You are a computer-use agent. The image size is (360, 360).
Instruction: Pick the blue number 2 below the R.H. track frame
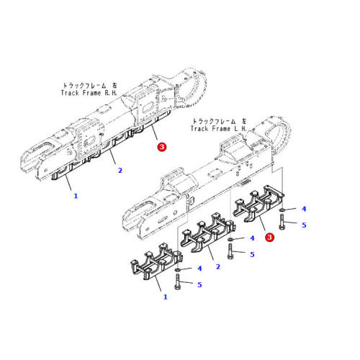click(120, 171)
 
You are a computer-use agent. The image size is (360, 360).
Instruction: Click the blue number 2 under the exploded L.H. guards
click(218, 266)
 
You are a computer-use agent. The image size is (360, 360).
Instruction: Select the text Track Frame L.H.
click(220, 128)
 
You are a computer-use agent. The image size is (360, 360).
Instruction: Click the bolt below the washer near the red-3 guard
click(283, 223)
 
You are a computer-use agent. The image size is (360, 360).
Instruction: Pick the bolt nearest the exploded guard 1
click(178, 283)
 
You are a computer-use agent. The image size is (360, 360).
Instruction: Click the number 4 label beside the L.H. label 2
click(251, 238)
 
